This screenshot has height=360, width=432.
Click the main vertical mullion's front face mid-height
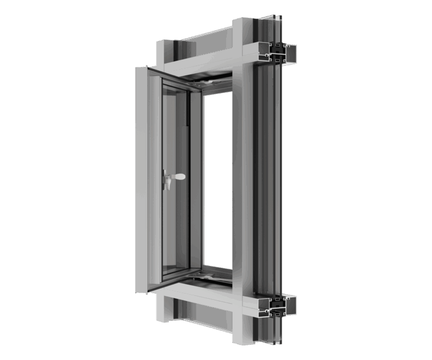coord(242,180)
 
